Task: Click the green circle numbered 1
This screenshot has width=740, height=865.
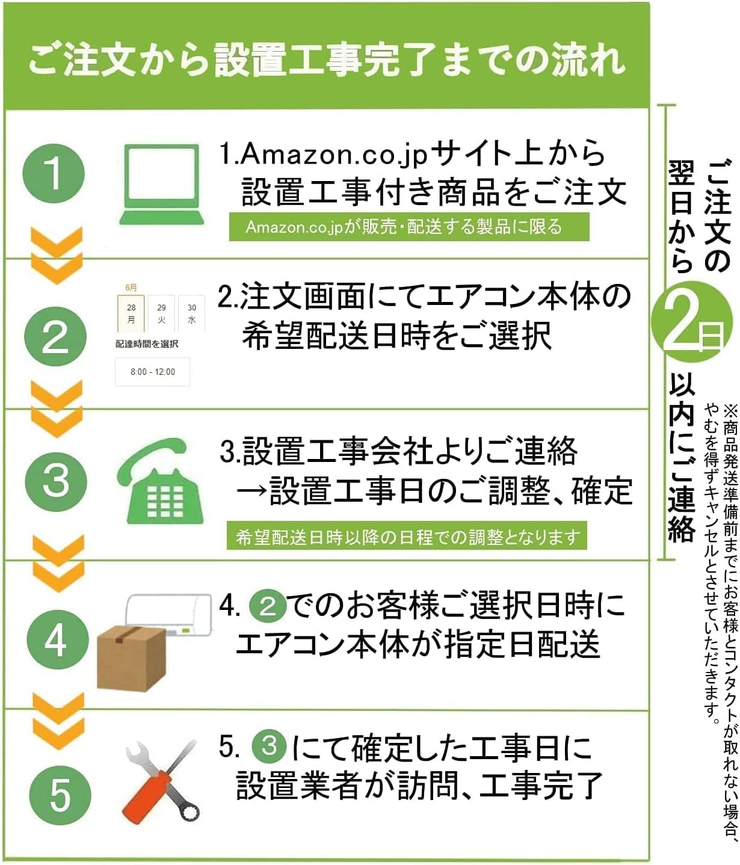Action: coord(54,173)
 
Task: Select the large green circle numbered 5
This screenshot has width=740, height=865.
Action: coord(60,795)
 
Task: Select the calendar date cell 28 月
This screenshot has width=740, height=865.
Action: coord(131,313)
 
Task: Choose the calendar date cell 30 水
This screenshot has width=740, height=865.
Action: coord(191,313)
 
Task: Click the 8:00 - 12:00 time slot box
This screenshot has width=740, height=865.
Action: coord(153,372)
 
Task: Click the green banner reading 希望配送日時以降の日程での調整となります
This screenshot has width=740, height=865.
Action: coord(407,536)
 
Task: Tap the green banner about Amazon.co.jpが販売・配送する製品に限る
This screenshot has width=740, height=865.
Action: coord(409,227)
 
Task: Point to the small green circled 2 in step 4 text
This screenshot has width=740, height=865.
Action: coord(268,606)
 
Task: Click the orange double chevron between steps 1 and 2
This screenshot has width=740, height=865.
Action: coord(57,256)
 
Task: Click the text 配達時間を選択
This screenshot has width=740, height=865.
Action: coord(147,344)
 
